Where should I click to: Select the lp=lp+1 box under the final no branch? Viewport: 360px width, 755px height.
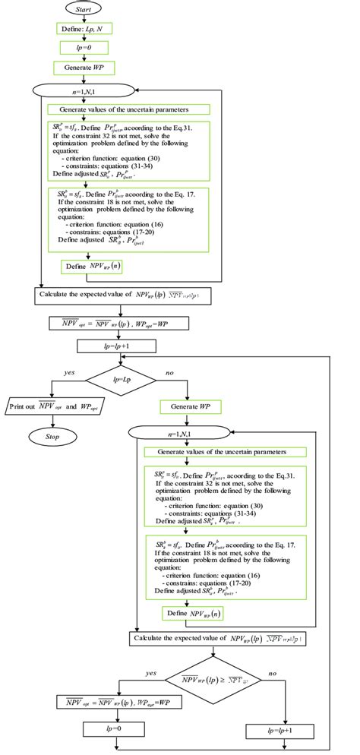(x=280, y=732)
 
